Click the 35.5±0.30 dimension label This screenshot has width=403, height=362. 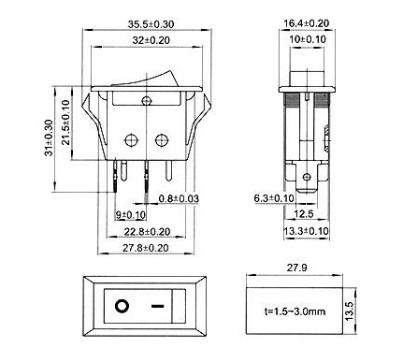[151, 24]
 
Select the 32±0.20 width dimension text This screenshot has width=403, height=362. [151, 40]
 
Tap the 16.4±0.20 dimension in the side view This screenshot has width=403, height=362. [307, 23]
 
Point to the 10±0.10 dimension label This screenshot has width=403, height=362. [308, 39]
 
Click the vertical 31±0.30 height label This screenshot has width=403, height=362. [50, 138]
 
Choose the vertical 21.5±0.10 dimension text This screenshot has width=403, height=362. [65, 123]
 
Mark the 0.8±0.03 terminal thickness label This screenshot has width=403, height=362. [179, 198]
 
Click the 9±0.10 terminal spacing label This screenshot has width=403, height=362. [131, 215]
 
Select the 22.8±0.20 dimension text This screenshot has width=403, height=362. [147, 232]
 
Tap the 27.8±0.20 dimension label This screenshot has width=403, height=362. [145, 248]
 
